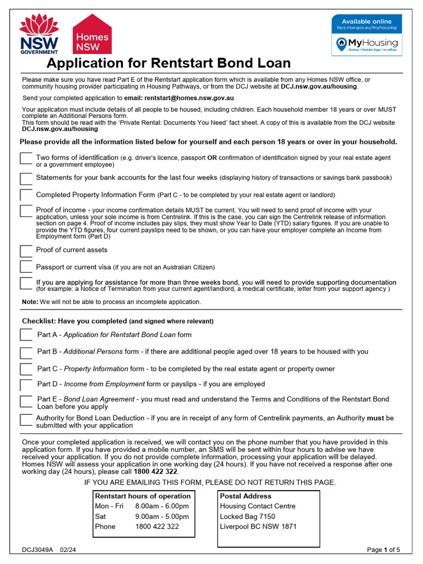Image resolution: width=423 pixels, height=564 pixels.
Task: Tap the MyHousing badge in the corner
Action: click(x=366, y=35)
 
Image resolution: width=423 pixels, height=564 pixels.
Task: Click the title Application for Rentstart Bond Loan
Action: click(x=168, y=63)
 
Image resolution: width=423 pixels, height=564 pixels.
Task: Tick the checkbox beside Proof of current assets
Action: click(x=26, y=251)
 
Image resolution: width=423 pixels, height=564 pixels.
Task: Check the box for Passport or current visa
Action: click(x=26, y=268)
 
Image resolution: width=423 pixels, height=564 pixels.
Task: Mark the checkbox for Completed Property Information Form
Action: click(x=26, y=196)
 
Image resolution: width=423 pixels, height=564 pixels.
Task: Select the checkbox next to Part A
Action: click(x=26, y=335)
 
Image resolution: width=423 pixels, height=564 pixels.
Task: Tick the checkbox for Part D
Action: click(x=26, y=385)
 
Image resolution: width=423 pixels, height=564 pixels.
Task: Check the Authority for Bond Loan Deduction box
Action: click(x=26, y=420)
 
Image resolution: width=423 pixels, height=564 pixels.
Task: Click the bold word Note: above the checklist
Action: click(x=30, y=302)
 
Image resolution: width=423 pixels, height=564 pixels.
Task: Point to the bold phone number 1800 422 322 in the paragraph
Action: click(x=156, y=471)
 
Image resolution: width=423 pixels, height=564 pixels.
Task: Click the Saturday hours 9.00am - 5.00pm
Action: click(x=162, y=516)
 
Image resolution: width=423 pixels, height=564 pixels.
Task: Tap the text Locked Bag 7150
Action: click(x=247, y=516)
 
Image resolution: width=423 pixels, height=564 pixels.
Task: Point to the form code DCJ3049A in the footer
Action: click(x=38, y=549)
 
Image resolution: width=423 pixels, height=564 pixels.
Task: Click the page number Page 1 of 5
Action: click(x=384, y=549)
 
